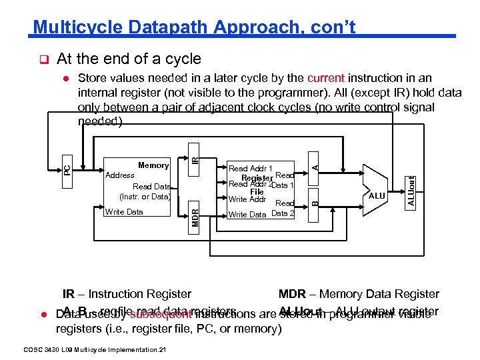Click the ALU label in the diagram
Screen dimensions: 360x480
[x=377, y=196]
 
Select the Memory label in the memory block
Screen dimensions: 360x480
[x=153, y=165]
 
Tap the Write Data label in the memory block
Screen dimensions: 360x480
[x=124, y=212]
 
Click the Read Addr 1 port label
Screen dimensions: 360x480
[x=251, y=169]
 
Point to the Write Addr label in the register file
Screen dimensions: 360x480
[x=247, y=199]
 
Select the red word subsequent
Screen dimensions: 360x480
[x=158, y=314]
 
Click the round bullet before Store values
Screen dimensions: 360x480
[x=67, y=79]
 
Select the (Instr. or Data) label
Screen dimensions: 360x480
[x=145, y=197]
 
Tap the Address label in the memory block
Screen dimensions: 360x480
[x=120, y=175]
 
